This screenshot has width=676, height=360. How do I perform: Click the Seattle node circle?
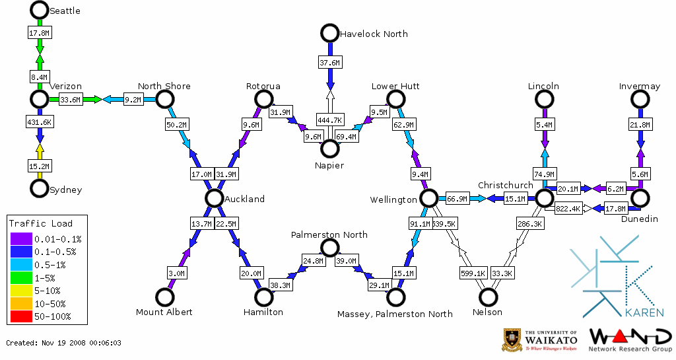(x=40, y=10)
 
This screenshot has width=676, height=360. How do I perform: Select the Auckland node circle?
(x=213, y=198)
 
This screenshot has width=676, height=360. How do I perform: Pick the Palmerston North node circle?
(x=329, y=248)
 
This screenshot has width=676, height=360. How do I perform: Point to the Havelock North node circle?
(x=329, y=33)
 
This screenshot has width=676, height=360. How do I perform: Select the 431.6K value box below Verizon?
(x=40, y=122)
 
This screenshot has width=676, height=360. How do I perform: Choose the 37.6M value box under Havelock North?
(x=329, y=63)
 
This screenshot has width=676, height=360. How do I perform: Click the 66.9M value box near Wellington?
(x=457, y=199)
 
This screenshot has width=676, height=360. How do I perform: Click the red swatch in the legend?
(x=20, y=316)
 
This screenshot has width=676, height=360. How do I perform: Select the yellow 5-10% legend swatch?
(x=20, y=290)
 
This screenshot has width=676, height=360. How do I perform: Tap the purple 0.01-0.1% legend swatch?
(x=20, y=238)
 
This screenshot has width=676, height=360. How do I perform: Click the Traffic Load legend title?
(x=41, y=223)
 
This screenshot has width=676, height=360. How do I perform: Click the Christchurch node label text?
(x=505, y=185)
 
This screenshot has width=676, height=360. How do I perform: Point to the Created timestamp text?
(x=64, y=343)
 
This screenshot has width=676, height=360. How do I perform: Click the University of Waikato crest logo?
(x=513, y=340)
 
